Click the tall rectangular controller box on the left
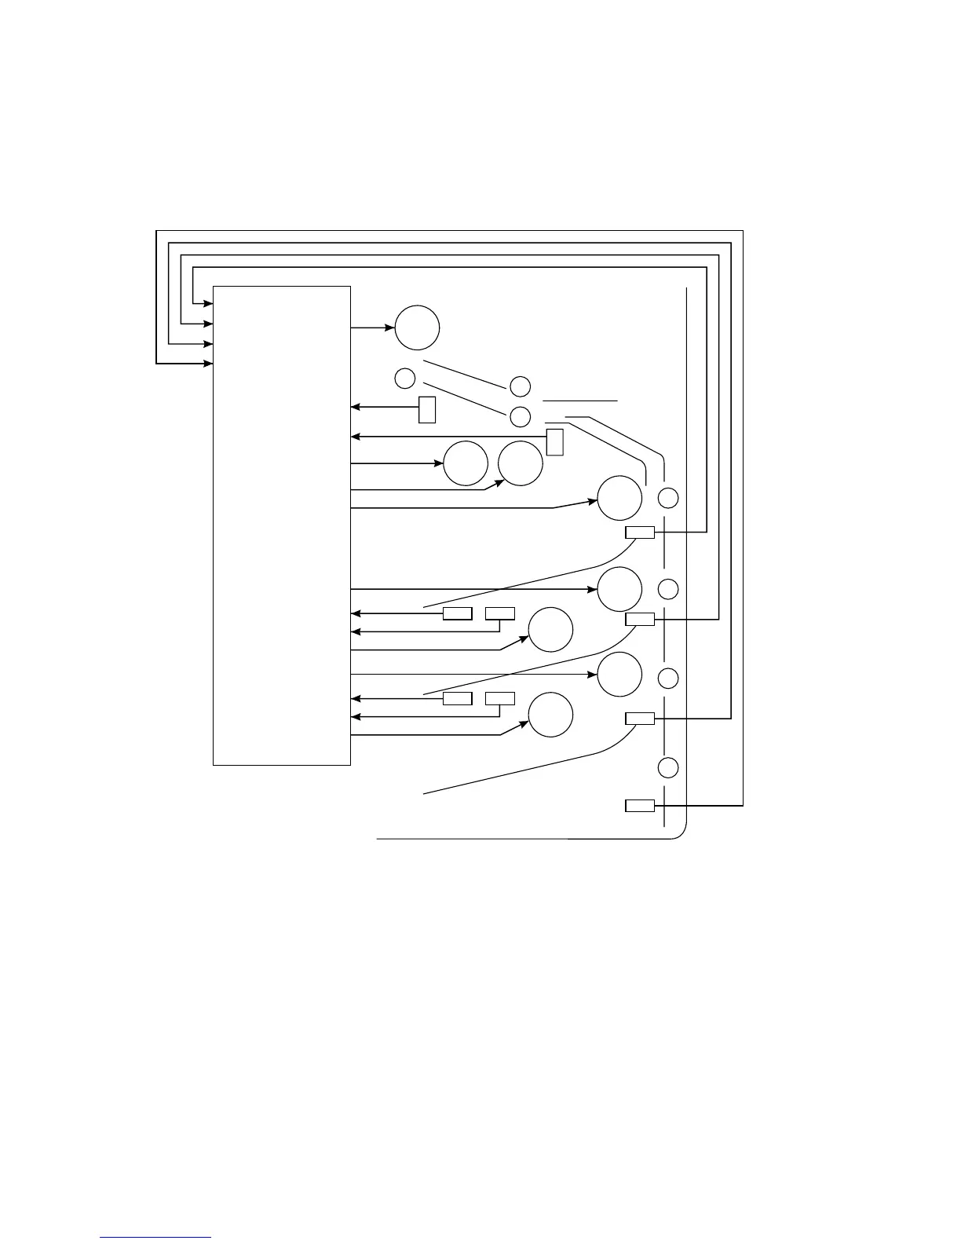[x=282, y=525]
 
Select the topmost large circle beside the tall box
[x=417, y=327]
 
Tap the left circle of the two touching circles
[x=466, y=463]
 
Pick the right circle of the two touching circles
[x=521, y=463]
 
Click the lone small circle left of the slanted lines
[x=404, y=378]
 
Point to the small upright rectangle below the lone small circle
[x=427, y=410]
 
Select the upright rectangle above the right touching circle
[x=555, y=442]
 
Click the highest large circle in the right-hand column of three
[x=619, y=498]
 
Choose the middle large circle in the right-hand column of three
[x=619, y=589]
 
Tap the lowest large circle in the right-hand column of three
[x=619, y=674]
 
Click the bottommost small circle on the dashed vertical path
[x=668, y=767]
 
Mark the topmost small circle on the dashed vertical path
[x=668, y=498]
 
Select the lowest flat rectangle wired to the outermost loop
[x=640, y=805]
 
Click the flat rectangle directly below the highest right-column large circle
[x=640, y=532]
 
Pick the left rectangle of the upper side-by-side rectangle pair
[x=458, y=613]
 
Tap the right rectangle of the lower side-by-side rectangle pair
[x=500, y=698]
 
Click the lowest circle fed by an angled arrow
[x=550, y=715]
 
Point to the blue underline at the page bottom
[x=156, y=1239]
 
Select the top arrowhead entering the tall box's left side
[x=210, y=303]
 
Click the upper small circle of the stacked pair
[x=520, y=386]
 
